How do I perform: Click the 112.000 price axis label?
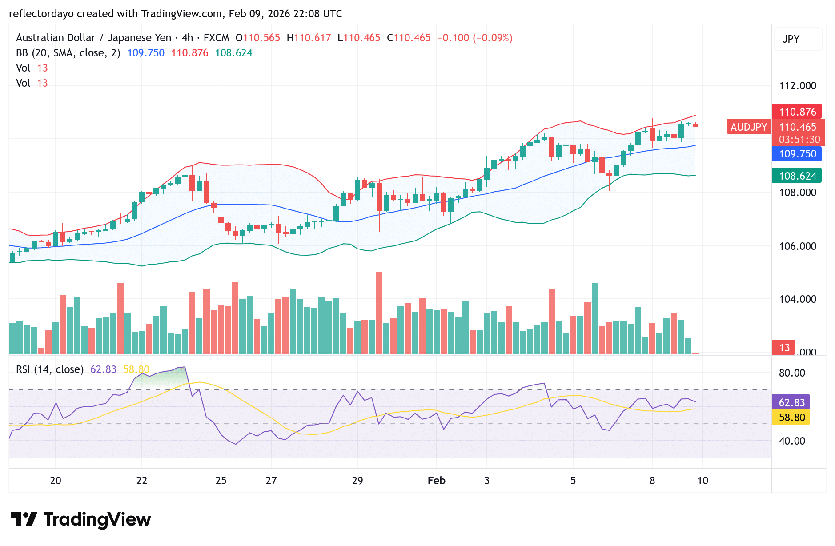point(797,86)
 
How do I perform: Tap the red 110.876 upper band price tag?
point(797,112)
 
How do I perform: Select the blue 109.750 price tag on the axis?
point(797,154)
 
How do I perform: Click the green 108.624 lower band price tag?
point(797,176)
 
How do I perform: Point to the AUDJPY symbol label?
point(748,127)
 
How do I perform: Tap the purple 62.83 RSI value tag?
point(791,402)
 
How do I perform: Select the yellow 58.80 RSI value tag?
point(791,417)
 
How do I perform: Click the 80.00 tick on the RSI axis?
point(792,373)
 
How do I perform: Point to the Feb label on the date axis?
point(436,481)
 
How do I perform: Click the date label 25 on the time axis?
point(221,481)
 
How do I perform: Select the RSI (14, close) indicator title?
point(50,369)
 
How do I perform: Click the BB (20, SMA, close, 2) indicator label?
point(68,53)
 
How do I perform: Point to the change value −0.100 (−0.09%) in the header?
point(474,38)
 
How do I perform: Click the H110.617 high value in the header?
point(309,38)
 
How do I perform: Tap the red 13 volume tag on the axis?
point(784,347)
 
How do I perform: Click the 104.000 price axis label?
point(797,299)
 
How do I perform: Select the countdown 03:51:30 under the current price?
point(799,140)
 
